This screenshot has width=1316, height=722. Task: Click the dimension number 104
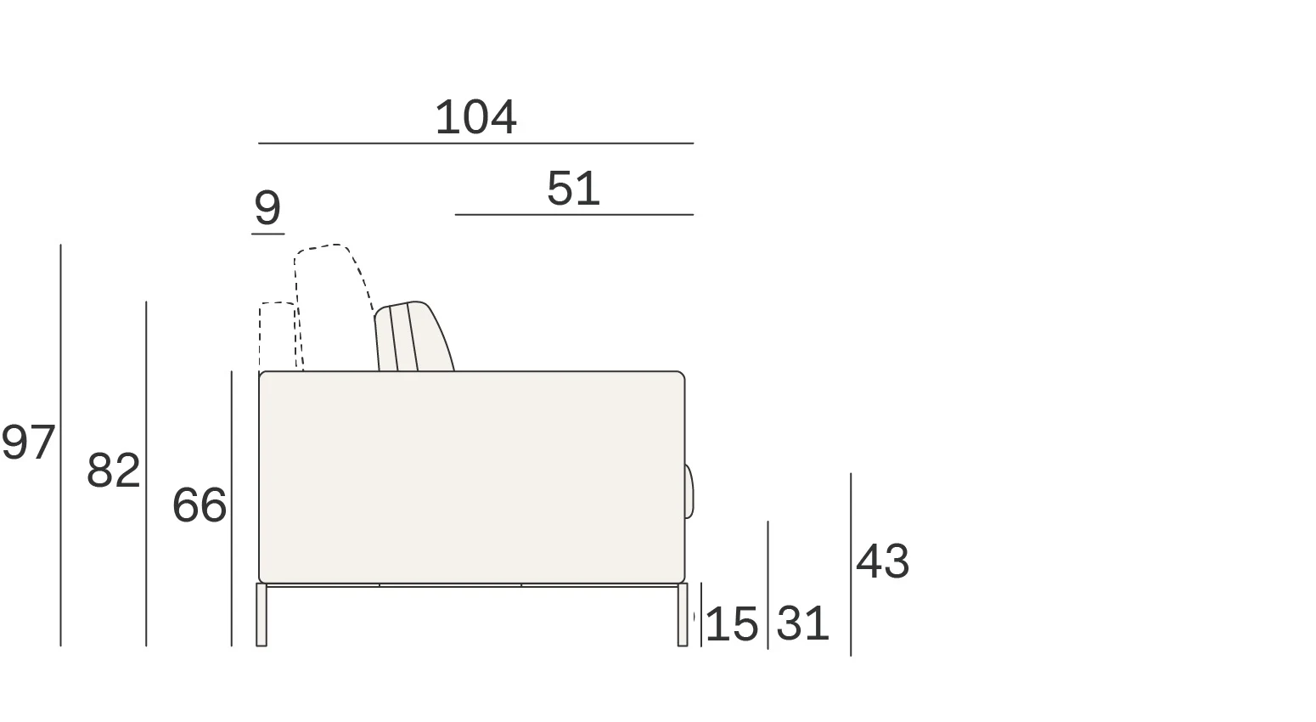coord(475,117)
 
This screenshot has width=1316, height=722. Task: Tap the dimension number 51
coord(573,189)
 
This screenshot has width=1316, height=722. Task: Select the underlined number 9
coord(267,207)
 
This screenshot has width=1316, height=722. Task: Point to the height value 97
coord(28,443)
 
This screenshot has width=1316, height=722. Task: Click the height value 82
coord(114,471)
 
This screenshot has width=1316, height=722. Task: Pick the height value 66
coord(200,505)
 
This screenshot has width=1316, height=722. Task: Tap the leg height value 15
coord(731,623)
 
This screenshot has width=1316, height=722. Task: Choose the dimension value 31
coord(802,623)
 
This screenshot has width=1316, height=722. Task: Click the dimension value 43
coord(882,561)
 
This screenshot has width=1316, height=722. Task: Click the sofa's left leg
coord(262,614)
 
